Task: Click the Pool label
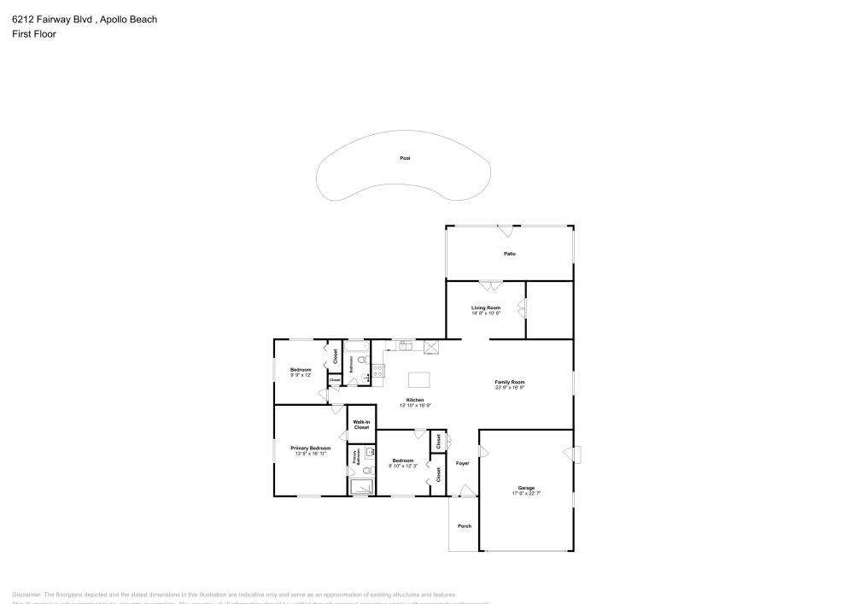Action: [x=405, y=158]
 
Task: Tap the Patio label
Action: [x=509, y=254]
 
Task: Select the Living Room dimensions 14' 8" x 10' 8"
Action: [x=486, y=314]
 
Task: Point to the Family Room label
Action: [x=509, y=382]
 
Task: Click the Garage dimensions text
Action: [x=526, y=493]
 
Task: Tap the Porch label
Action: [x=465, y=526]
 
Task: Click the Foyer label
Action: [x=463, y=463]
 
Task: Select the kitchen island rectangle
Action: [x=419, y=379]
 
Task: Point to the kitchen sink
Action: [x=403, y=345]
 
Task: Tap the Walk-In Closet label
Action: [x=361, y=424]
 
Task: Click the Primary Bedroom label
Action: [x=310, y=448]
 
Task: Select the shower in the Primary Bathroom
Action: [x=361, y=487]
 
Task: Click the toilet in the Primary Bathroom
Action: [x=366, y=469]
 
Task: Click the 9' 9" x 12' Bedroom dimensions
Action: [x=301, y=375]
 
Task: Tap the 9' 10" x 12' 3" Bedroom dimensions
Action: [x=403, y=466]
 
